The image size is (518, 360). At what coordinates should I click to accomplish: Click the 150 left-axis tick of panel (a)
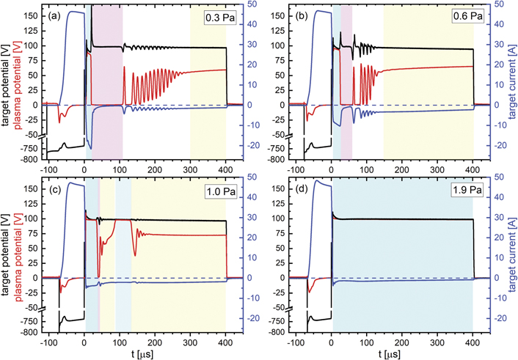[30, 15]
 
